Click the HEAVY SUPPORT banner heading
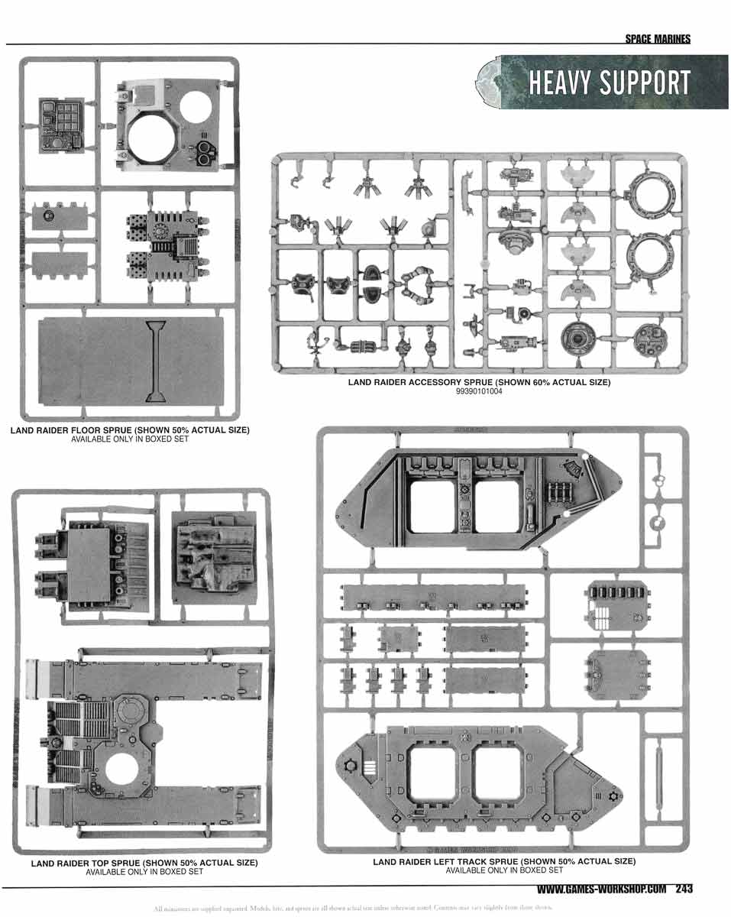point(609,83)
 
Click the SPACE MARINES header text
point(657,40)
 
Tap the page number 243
point(683,889)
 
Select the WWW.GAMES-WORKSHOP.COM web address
point(603,889)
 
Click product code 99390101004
point(479,391)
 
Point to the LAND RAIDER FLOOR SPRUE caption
point(130,430)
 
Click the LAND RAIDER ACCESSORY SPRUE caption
point(479,382)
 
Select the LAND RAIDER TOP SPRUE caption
point(144,863)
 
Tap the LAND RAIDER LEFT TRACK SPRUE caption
point(504,861)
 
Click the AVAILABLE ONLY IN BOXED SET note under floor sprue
point(130,439)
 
